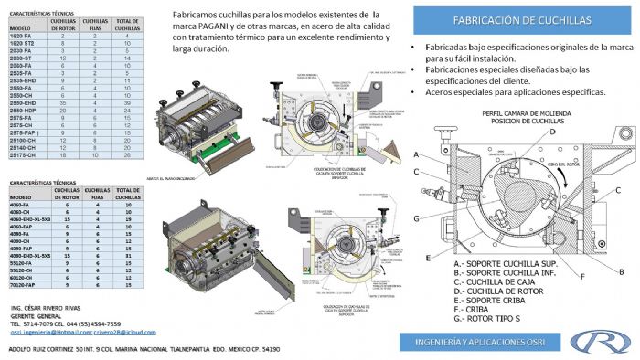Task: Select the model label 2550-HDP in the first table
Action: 25,110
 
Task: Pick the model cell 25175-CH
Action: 25,155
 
